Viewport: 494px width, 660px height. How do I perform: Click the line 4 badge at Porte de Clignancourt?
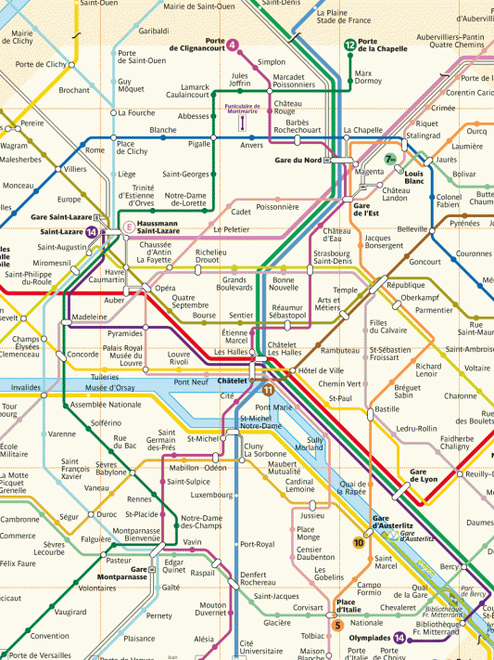click(231, 45)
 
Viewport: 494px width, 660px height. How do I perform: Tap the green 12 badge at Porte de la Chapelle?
click(349, 45)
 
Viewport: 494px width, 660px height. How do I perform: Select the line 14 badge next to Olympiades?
click(399, 638)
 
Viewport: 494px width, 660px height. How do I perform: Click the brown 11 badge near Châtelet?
click(267, 389)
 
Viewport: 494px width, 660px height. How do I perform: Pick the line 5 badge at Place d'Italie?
click(337, 625)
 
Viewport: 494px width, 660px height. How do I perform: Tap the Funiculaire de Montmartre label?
click(241, 110)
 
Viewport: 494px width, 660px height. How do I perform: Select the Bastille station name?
click(386, 408)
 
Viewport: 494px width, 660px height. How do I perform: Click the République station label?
click(405, 286)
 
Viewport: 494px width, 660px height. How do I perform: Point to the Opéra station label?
click(165, 289)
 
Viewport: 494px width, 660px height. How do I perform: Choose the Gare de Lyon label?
click(424, 476)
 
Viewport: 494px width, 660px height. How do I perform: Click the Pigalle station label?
click(199, 145)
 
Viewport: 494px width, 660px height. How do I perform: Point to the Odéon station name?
click(215, 468)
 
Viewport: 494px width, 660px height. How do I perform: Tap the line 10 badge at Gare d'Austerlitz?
click(359, 542)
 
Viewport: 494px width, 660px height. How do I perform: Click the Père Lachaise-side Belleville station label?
click(412, 228)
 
